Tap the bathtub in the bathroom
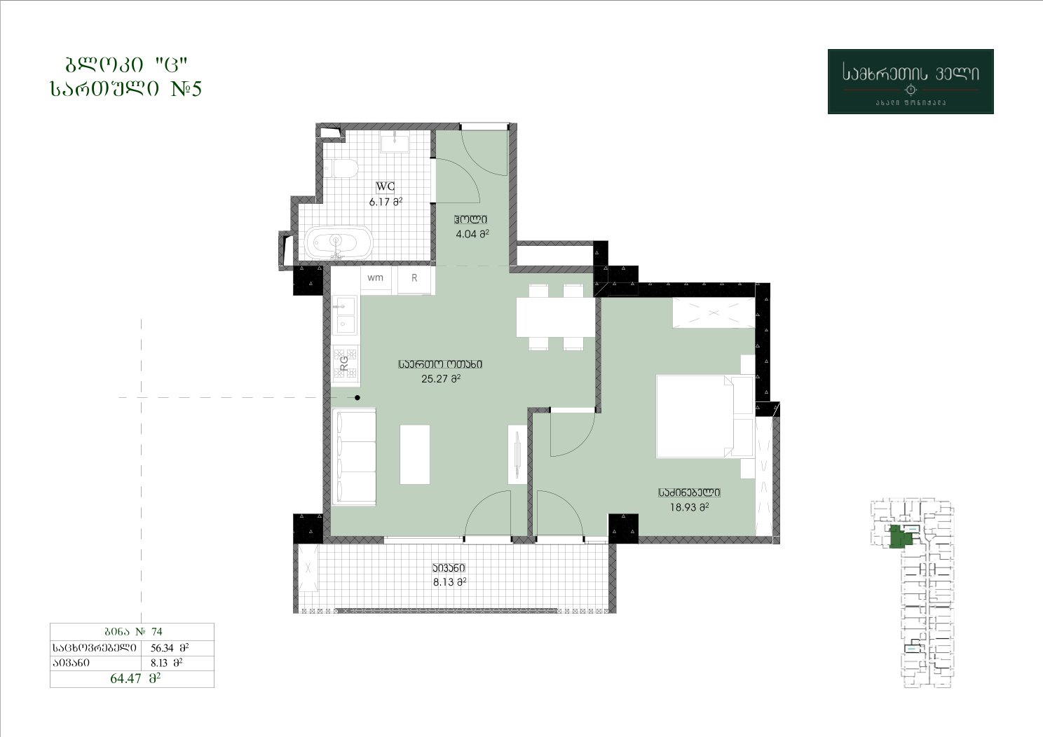339,243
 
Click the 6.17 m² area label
386,202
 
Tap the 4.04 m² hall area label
472,234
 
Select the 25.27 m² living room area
441,379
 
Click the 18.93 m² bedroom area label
689,507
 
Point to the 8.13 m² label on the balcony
450,582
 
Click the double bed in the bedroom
704,416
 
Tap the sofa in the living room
354,457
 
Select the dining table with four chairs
556,317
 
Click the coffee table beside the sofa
414,454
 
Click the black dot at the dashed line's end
357,398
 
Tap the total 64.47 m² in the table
135,679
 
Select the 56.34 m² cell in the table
170,647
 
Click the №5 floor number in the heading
186,88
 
